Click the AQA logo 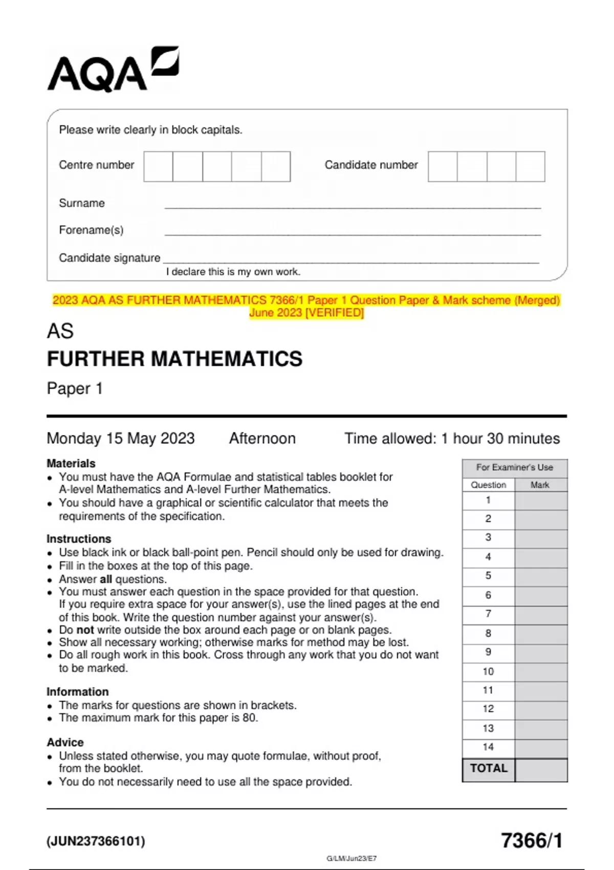113,70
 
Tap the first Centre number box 158,166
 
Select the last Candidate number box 531,166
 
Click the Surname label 82,203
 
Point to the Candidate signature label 109,258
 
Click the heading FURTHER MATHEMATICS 174,359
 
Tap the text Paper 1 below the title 75,388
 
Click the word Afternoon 262,439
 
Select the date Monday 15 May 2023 121,439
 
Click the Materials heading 71,463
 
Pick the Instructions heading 79,539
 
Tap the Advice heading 65,742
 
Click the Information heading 78,692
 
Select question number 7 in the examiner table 488,614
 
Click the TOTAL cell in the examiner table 489,769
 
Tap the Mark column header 540,485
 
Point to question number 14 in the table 488,747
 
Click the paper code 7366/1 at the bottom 532,841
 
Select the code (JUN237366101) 96,841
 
